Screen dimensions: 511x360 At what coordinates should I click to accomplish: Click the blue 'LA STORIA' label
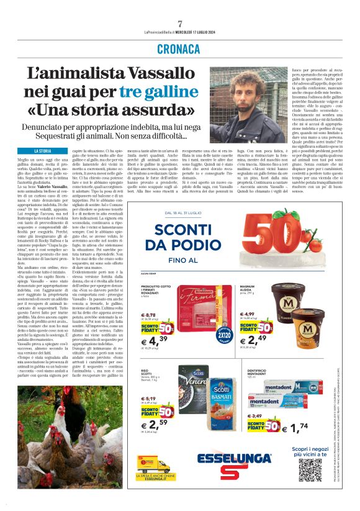tap(43, 151)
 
